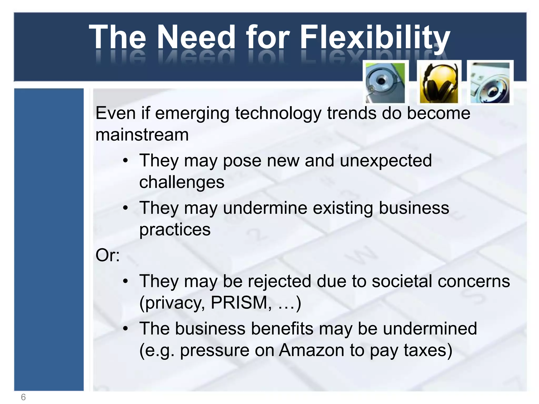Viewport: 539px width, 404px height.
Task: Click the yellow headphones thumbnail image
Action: click(x=439, y=83)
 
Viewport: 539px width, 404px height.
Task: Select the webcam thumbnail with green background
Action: click(x=386, y=83)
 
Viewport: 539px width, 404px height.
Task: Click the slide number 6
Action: click(x=23, y=397)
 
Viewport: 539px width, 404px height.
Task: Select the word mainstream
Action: click(x=142, y=135)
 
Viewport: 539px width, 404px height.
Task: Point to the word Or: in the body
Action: click(x=108, y=255)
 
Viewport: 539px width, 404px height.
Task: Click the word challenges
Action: click(x=182, y=182)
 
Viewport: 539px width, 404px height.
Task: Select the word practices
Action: click(x=175, y=229)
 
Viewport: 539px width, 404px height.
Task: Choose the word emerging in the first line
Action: click(x=192, y=114)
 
